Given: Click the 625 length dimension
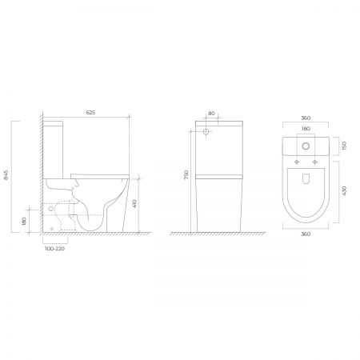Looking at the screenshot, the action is point(90,113).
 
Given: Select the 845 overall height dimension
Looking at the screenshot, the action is point(6,174).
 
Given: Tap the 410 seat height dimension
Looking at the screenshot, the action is point(134,204).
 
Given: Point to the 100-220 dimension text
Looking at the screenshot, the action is point(54,249).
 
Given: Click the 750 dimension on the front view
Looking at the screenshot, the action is point(186,174).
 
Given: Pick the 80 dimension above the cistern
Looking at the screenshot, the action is point(211,114).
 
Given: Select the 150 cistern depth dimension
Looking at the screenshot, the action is point(344,146).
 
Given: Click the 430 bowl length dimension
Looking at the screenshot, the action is point(344,191).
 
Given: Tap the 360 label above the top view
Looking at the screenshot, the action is point(306,118).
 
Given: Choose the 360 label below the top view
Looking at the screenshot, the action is point(306,234).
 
